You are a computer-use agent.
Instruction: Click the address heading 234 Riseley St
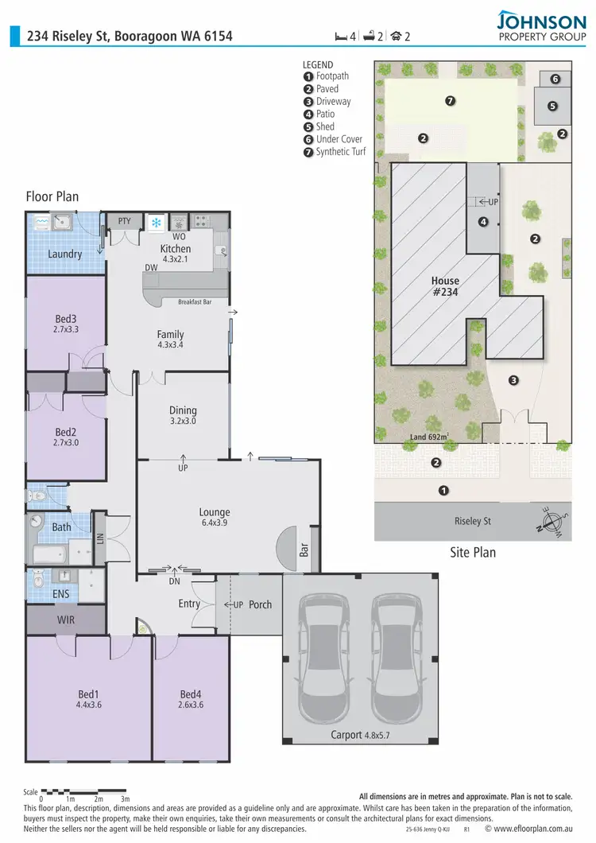pos(130,36)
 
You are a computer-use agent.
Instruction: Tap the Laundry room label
pos(64,254)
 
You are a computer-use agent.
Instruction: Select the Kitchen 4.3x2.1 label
pos(176,254)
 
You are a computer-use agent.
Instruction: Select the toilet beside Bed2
pos(35,496)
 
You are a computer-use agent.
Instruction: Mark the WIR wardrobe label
pos(65,619)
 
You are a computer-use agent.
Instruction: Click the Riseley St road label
pos(472,521)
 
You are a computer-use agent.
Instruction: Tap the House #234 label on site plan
pos(446,286)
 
